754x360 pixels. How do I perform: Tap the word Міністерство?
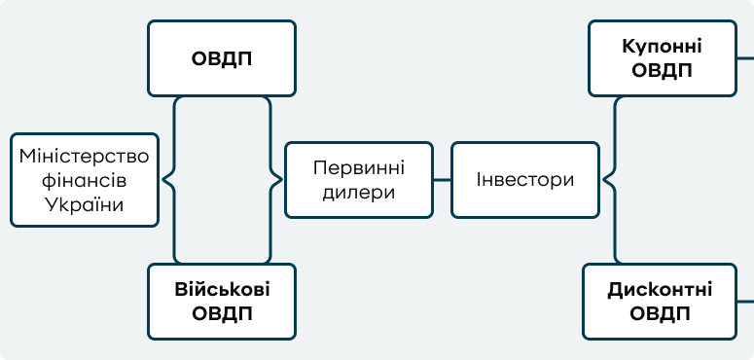pos(84,156)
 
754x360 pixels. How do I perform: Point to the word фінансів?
pos(84,180)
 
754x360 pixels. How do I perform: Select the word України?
pos(84,204)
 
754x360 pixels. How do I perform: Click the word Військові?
pos(223,290)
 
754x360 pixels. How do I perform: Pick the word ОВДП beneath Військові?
pos(223,313)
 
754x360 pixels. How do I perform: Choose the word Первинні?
pos(359,167)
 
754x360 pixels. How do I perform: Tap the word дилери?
pos(359,192)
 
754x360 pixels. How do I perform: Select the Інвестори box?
pos(525,180)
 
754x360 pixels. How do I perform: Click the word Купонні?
pos(662,47)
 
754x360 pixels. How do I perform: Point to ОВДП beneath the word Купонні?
pos(662,70)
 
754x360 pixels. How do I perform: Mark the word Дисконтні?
pos(660,290)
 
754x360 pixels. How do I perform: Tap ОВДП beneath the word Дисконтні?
pos(660,313)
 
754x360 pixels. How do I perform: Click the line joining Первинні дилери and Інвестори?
pos(443,180)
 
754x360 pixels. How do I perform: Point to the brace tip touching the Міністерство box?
pos(164,180)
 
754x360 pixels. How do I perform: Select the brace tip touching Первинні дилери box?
pos(279,180)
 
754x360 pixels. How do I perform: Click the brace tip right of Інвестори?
pos(605,180)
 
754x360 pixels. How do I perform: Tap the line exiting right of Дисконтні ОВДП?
pos(745,302)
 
